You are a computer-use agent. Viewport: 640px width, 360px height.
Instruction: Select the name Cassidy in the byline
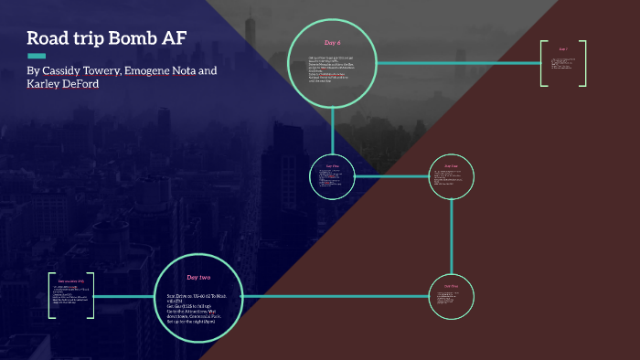point(67,70)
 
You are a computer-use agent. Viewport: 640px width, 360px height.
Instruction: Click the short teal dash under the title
point(37,56)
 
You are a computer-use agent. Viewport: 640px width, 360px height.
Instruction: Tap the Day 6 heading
point(333,43)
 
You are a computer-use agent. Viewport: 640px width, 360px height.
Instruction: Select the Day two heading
point(200,277)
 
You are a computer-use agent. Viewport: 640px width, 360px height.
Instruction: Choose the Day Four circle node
point(452,175)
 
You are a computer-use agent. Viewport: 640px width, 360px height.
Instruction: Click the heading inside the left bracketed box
point(71,281)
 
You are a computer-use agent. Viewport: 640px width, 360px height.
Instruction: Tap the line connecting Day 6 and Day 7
point(457,63)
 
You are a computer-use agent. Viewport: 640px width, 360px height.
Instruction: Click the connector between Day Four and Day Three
point(452,236)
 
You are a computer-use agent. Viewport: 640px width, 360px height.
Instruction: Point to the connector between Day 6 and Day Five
point(333,128)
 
